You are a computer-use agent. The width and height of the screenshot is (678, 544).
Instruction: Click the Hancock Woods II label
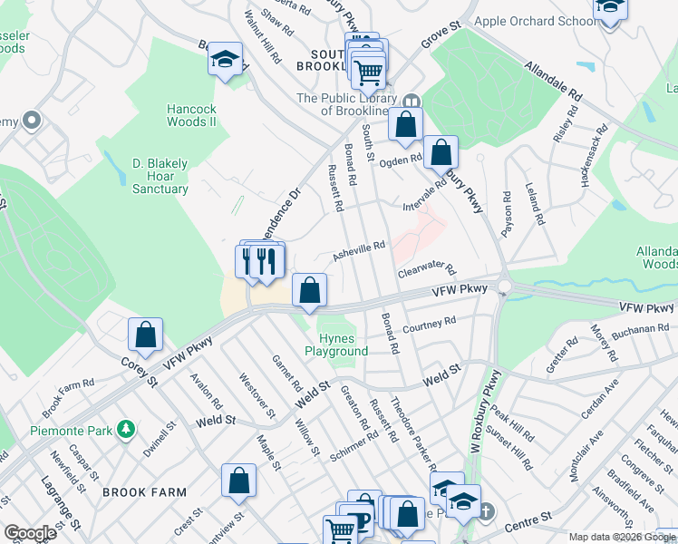(191, 114)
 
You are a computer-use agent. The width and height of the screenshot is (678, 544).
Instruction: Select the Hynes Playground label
(336, 345)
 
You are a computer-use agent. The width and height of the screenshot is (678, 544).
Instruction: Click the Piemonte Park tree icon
(128, 428)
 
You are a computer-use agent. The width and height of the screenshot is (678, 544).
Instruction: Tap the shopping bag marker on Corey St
(145, 335)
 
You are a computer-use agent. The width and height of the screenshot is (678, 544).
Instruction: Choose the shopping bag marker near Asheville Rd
(310, 291)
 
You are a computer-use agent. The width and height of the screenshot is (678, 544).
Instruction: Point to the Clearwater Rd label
(425, 269)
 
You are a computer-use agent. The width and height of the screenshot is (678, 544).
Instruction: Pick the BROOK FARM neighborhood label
(144, 492)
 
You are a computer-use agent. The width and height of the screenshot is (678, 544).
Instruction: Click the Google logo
(30, 533)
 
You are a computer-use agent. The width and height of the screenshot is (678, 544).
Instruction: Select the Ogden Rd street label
(401, 160)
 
